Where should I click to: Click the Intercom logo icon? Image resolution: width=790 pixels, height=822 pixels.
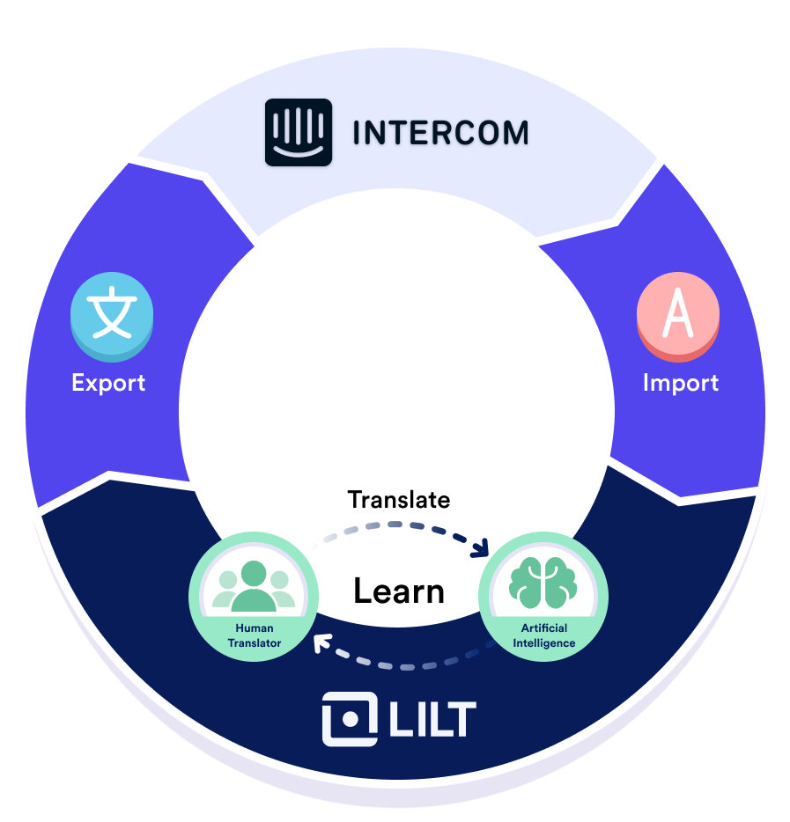tap(299, 132)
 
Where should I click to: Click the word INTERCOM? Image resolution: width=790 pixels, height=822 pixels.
tap(440, 133)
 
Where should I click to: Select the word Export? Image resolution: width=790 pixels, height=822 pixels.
tap(108, 383)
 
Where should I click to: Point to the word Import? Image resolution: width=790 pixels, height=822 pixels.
tap(680, 383)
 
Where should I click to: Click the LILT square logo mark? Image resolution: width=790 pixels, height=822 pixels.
tap(350, 719)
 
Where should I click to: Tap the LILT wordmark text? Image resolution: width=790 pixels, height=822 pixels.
tap(432, 719)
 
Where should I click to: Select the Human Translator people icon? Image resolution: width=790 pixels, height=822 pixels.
tap(254, 585)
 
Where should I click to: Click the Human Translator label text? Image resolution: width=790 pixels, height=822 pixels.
tap(254, 635)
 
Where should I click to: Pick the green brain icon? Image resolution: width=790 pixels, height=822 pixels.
tap(543, 583)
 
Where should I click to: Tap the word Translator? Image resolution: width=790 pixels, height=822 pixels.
tap(254, 643)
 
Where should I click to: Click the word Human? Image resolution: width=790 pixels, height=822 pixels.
tap(254, 628)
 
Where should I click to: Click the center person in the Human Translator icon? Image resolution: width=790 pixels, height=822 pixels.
tap(254, 585)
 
